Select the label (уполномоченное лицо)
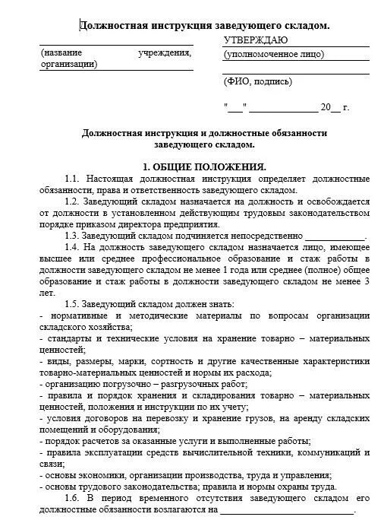tap(274, 54)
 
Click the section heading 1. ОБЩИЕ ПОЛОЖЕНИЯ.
tap(204, 166)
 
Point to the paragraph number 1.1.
tap(72, 177)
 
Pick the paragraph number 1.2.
tap(72, 201)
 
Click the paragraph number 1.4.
tap(72, 247)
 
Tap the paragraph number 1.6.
tap(72, 497)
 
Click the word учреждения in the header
tap(165, 54)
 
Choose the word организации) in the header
tap(69, 65)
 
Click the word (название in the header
tap(64, 54)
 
